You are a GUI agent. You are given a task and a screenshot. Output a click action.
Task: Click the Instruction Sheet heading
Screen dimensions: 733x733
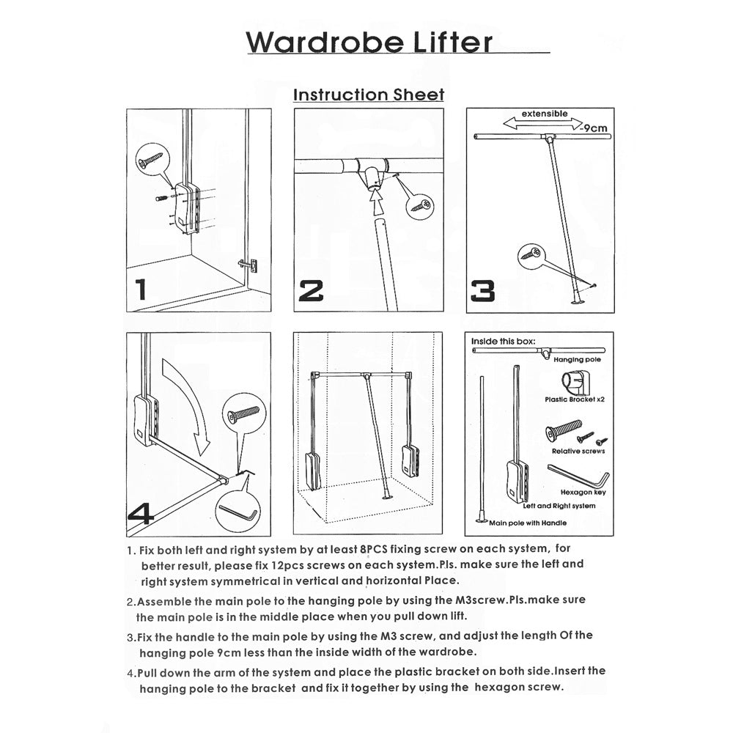tap(369, 95)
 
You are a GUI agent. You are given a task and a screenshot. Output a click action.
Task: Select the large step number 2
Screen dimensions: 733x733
tap(312, 291)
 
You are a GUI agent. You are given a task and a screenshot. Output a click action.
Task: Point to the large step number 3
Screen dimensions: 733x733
tap(482, 291)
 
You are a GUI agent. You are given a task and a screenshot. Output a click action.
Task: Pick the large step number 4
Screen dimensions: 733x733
tap(141, 512)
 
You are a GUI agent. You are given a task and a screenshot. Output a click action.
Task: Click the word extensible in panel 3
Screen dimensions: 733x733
tap(544, 114)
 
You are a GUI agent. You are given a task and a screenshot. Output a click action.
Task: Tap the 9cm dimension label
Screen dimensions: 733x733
tap(593, 128)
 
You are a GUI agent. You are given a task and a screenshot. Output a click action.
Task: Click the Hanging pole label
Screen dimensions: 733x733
tap(577, 361)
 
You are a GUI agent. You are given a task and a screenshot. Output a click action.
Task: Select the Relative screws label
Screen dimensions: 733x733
tap(578, 451)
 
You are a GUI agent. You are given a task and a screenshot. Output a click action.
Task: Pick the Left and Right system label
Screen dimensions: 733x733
tap(559, 506)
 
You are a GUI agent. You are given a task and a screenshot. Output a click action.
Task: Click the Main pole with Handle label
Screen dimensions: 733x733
tap(528, 523)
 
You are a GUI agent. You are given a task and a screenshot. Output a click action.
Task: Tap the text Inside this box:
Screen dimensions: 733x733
tap(503, 341)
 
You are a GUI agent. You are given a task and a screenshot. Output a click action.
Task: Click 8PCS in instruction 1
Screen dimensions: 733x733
tap(375, 548)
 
